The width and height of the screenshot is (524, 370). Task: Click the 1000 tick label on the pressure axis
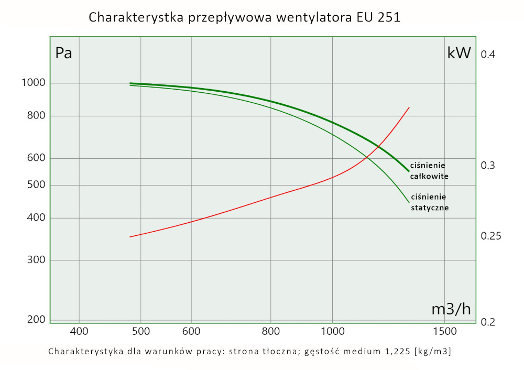pyautogui.click(x=35, y=83)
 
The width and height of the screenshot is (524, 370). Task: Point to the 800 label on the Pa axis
pyautogui.click(x=37, y=116)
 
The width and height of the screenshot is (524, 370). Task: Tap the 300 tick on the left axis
pyautogui.click(x=37, y=260)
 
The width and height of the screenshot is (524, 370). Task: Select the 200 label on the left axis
pyautogui.click(x=37, y=320)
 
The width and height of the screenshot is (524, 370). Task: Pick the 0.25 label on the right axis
pyautogui.click(x=491, y=236)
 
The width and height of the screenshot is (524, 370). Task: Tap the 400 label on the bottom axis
pyautogui.click(x=79, y=331)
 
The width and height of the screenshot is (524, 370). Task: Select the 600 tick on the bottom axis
pyautogui.click(x=191, y=331)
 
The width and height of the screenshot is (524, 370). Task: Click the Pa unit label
pyautogui.click(x=63, y=53)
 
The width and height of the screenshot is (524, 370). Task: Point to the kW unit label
pyautogui.click(x=459, y=53)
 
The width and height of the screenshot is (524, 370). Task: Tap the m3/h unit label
pyautogui.click(x=451, y=309)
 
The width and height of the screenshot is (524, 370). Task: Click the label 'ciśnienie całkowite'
pyautogui.click(x=429, y=171)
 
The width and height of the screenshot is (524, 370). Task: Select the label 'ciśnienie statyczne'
pyautogui.click(x=429, y=202)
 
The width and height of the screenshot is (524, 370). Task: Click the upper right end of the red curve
pyautogui.click(x=409, y=107)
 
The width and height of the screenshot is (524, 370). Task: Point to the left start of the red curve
pyautogui.click(x=130, y=237)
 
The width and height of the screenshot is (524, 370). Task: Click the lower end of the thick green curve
pyautogui.click(x=408, y=171)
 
